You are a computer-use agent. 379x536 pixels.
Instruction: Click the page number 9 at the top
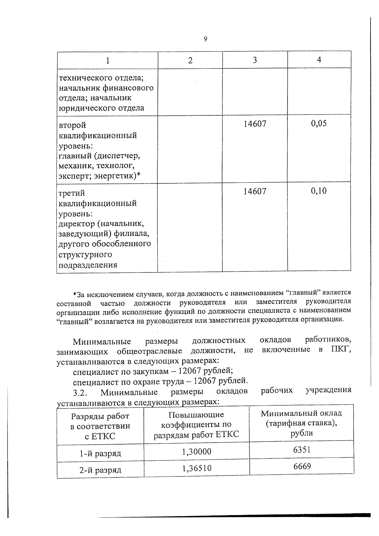coord(206,39)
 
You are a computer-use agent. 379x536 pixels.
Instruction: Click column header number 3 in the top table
coord(255,60)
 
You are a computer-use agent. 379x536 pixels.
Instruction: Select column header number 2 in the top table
coord(190,60)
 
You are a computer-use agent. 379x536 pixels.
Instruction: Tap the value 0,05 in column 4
coord(319,123)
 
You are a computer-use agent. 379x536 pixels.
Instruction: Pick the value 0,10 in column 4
coord(319,191)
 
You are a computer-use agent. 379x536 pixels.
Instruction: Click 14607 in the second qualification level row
coord(255,123)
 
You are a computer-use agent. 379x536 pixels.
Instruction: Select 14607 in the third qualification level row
coord(255,191)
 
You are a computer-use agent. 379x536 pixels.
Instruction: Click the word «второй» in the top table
coord(72,126)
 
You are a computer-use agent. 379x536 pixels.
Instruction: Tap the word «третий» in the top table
coord(72,193)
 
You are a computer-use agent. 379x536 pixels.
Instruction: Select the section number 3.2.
coord(80,393)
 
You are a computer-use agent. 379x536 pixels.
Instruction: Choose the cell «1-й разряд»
coord(100,454)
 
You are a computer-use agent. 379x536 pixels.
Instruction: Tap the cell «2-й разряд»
coord(100,470)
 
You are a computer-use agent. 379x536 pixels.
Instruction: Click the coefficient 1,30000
coord(196,451)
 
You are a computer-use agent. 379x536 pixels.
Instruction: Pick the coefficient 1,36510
coord(196,468)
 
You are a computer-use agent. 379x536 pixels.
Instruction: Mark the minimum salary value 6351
coord(302,449)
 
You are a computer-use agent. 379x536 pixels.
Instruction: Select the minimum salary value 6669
coord(302,466)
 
